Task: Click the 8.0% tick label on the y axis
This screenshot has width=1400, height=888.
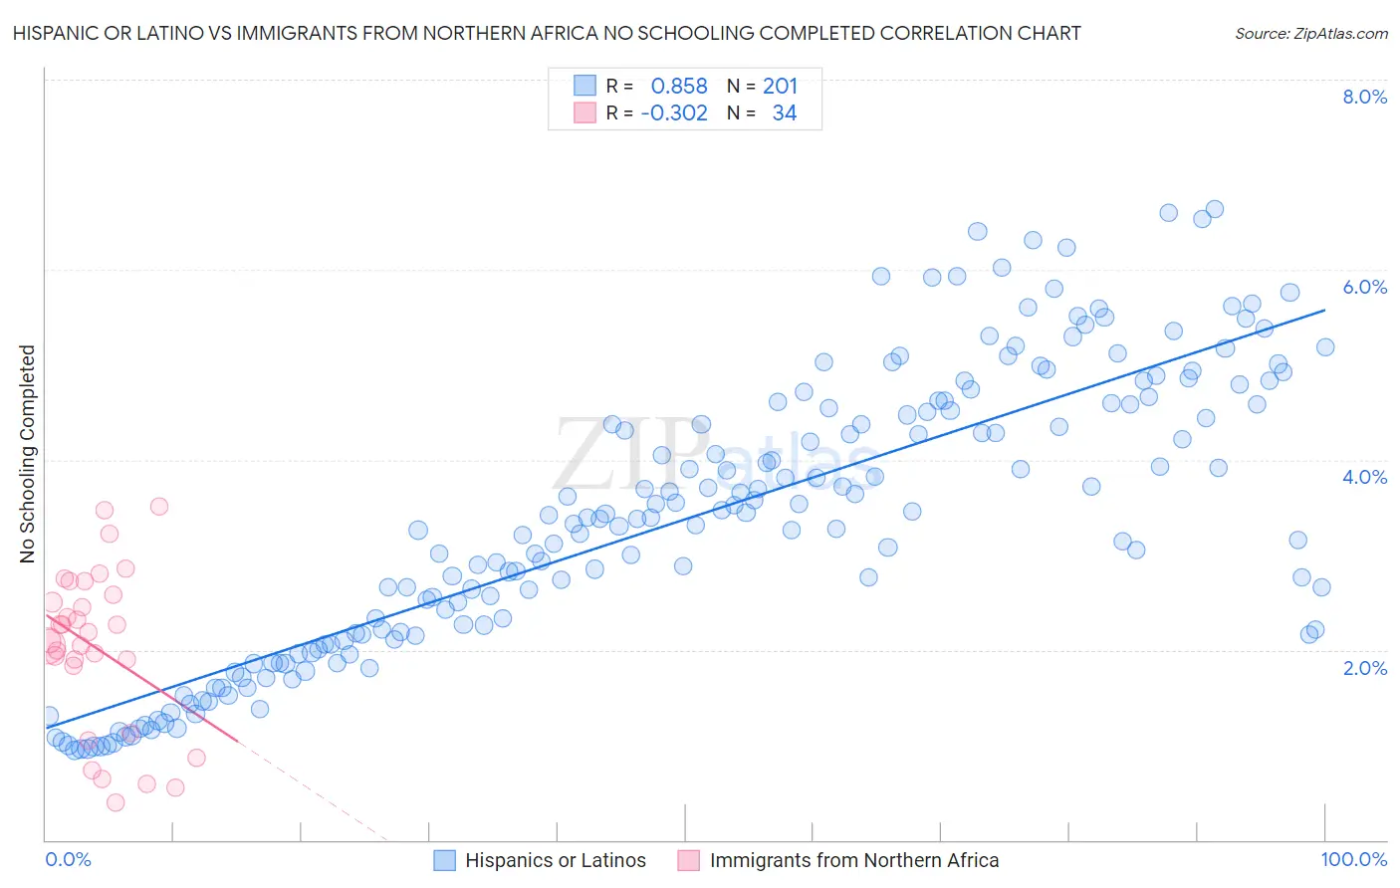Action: tap(1364, 97)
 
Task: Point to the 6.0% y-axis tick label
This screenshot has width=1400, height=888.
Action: tap(1364, 287)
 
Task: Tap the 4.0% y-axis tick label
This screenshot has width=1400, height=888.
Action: tap(1364, 477)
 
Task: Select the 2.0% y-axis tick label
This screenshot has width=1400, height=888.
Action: tap(1364, 668)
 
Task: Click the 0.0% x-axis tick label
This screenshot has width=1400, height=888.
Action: tap(68, 859)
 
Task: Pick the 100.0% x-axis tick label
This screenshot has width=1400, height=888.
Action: tap(1353, 859)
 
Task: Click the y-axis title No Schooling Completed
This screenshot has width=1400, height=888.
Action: tap(28, 454)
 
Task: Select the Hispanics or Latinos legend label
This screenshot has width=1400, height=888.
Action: tap(556, 860)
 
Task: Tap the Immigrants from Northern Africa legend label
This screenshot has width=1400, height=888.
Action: tap(854, 860)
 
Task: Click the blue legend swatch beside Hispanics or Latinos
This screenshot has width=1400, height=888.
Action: tap(445, 860)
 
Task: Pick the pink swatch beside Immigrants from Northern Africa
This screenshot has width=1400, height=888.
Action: tap(689, 860)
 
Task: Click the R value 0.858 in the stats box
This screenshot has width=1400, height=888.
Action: tap(679, 87)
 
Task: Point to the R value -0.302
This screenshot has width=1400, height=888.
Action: tap(674, 113)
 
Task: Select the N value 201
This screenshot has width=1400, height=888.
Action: tap(781, 87)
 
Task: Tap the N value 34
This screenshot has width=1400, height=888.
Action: tap(785, 113)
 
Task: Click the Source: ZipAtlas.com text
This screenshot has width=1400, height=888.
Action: tap(1310, 34)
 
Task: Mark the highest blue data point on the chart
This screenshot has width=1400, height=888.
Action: tap(1214, 209)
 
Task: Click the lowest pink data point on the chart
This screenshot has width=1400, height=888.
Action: tap(116, 802)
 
